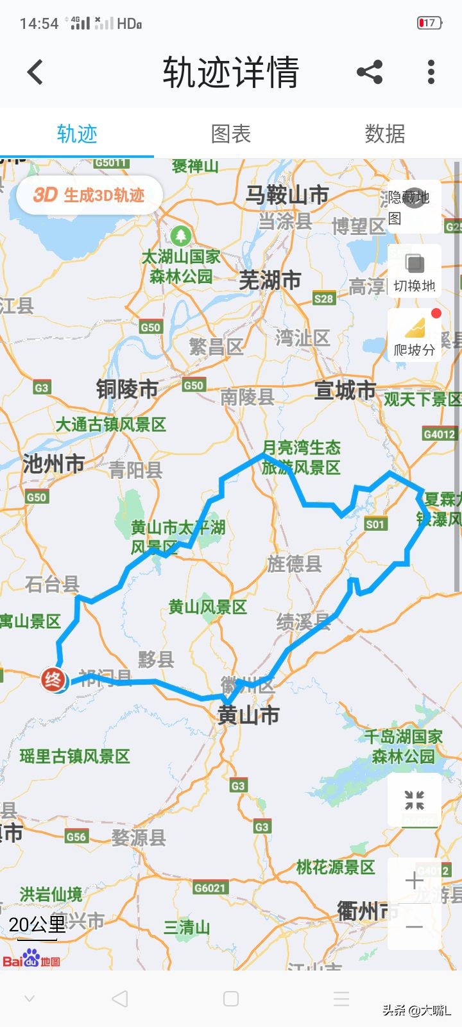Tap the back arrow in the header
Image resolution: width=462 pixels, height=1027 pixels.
click(35, 72)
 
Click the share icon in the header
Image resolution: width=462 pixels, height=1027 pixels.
click(370, 72)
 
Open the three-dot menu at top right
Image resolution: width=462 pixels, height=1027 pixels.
click(431, 72)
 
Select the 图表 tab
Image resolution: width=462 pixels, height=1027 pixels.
click(231, 134)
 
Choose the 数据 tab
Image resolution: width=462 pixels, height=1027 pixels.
click(385, 134)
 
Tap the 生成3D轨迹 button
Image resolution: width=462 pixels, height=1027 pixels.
click(89, 195)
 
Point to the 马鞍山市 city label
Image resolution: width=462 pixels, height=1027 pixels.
click(287, 194)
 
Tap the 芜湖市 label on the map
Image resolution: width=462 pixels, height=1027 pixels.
click(269, 280)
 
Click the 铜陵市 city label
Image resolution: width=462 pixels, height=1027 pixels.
click(127, 389)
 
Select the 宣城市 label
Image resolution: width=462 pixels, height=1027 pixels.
click(345, 390)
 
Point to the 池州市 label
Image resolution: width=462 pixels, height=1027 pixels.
click(54, 463)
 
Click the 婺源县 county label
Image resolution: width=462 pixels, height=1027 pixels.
click(139, 837)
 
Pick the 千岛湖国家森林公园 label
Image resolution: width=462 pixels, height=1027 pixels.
click(404, 746)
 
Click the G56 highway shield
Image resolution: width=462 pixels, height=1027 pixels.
click(76, 836)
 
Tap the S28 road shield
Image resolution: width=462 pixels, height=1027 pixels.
click(324, 298)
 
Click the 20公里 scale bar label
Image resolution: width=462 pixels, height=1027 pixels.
click(37, 925)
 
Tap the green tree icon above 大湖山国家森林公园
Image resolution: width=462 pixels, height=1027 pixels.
click(182, 235)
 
